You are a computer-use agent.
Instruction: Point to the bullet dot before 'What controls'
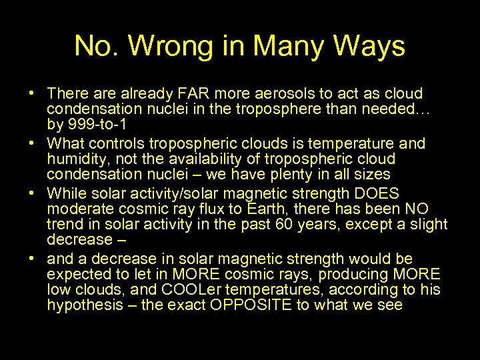click(33, 143)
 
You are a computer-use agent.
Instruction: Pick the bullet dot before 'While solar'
click(33, 194)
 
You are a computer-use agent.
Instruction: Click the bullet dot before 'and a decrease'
click(33, 258)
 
